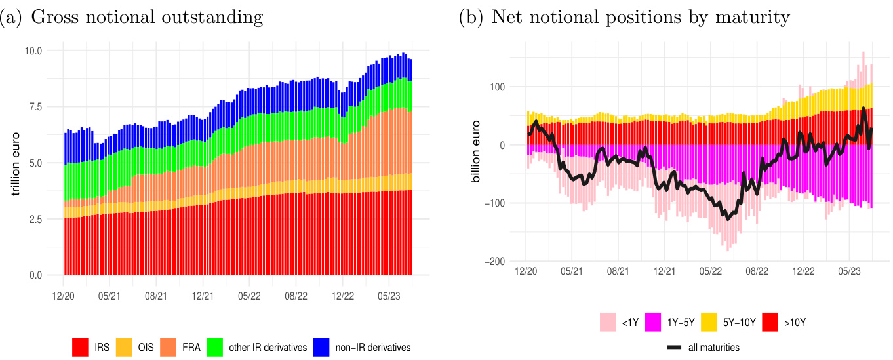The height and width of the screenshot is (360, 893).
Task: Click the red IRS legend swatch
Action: tap(80, 347)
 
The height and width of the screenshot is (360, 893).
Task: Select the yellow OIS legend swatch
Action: tap(124, 347)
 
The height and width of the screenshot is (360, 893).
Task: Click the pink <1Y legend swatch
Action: tap(608, 322)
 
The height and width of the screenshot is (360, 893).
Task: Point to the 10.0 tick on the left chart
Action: tap(33, 51)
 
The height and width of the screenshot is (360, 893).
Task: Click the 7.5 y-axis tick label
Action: tap(35, 107)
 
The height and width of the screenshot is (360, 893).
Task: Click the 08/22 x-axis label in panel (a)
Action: tap(296, 296)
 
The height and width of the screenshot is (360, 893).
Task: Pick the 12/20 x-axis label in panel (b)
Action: tap(526, 270)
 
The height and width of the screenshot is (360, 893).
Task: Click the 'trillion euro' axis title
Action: tap(15, 163)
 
